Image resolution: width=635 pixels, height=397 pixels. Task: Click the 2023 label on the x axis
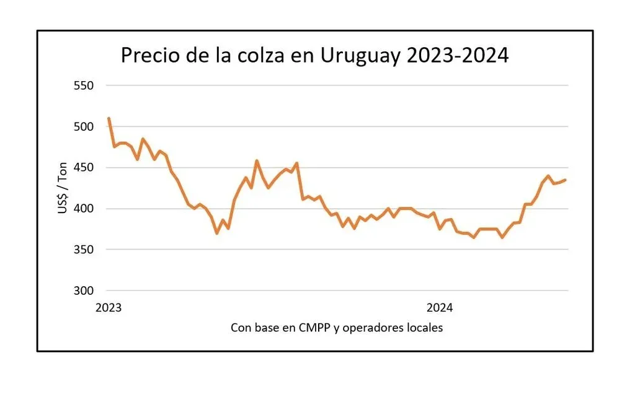[x=109, y=307]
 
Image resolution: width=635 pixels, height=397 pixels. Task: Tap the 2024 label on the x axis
[x=440, y=307]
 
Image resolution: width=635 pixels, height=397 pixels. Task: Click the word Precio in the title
[x=151, y=56]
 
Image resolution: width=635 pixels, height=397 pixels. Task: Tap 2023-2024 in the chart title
[x=458, y=56]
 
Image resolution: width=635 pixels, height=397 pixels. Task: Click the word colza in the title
[x=265, y=56]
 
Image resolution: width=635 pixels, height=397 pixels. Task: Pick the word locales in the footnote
[x=425, y=328]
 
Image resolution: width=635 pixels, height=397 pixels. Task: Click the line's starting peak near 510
[x=109, y=118]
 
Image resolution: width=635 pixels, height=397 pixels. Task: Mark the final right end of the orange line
[x=565, y=180]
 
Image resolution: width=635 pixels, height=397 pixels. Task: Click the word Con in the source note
[x=241, y=328]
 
